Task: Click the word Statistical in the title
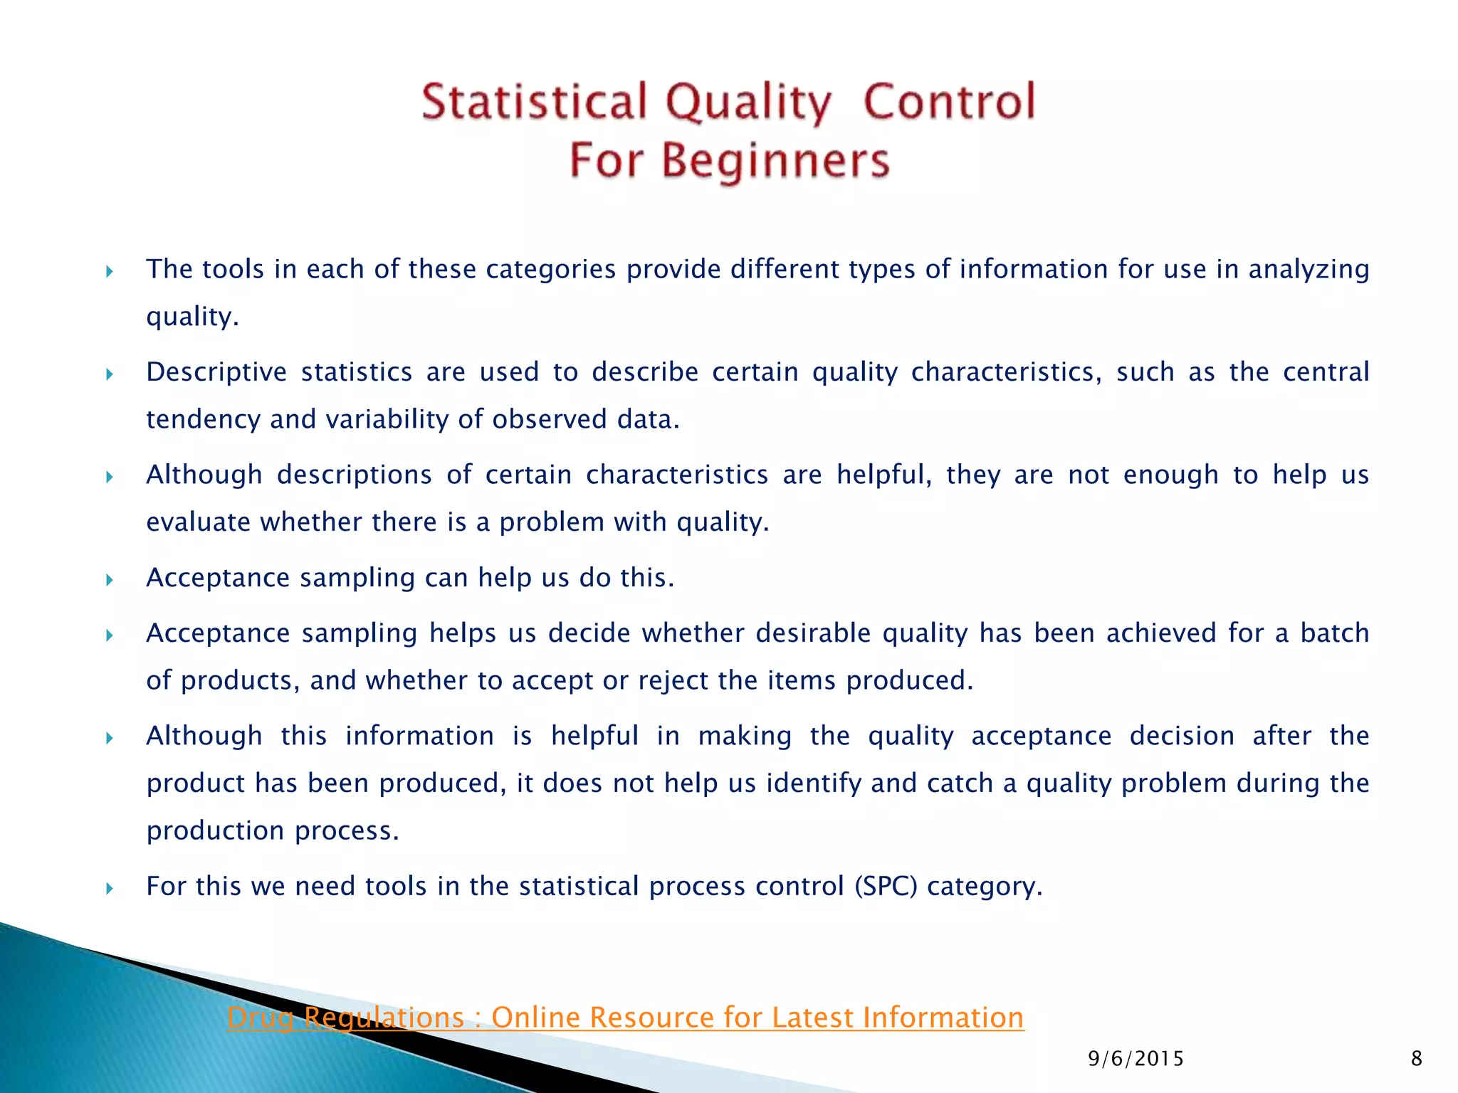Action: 534,102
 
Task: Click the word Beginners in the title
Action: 776,161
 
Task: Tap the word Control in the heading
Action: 949,102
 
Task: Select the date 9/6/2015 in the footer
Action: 1136,1059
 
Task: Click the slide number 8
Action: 1416,1059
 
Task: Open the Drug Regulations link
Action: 625,1018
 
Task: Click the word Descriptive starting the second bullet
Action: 216,372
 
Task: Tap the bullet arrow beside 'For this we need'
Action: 110,888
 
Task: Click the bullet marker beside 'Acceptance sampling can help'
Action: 110,579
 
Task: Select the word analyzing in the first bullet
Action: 1308,270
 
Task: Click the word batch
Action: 1334,633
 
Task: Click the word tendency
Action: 203,420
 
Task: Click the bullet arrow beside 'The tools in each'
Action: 110,271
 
